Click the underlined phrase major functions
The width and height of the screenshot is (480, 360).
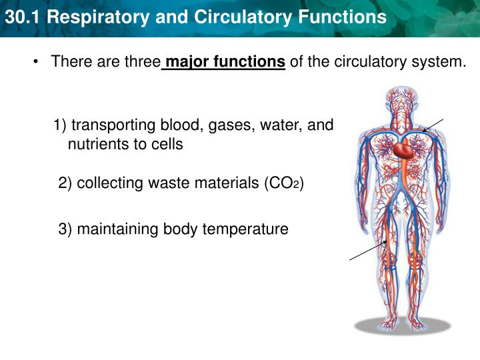click(225, 63)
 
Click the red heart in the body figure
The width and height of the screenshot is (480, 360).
click(403, 150)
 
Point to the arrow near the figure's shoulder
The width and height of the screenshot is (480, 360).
click(433, 125)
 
